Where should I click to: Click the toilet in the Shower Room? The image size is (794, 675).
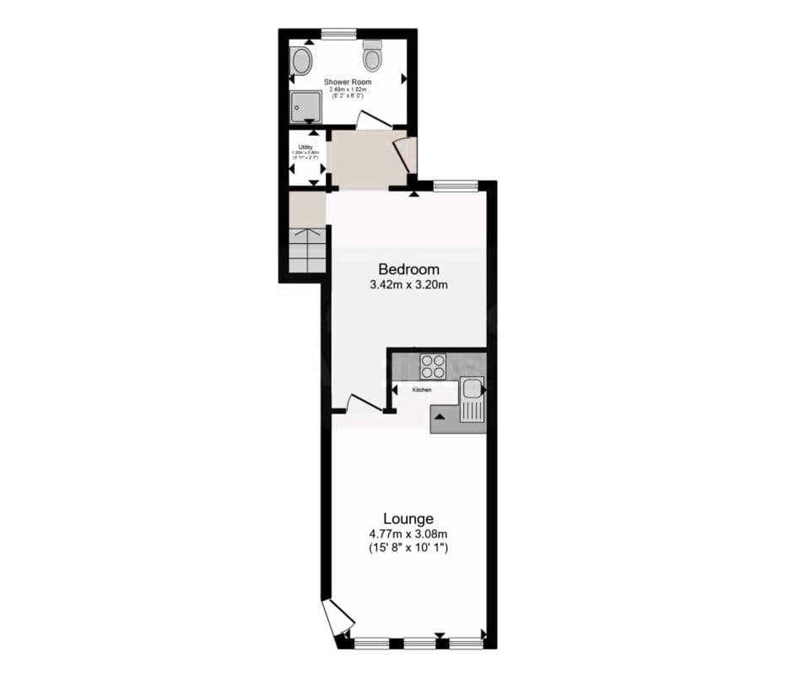[373, 57]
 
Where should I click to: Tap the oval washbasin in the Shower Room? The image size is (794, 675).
[301, 61]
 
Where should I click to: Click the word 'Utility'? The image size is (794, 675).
[305, 147]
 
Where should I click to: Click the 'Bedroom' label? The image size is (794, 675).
[408, 269]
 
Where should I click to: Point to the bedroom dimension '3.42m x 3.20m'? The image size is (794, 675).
[408, 285]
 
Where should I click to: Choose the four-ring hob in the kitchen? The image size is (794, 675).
[433, 365]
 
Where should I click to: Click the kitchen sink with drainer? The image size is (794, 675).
[472, 400]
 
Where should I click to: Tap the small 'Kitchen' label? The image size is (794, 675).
[422, 390]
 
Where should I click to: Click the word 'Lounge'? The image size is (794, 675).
[408, 518]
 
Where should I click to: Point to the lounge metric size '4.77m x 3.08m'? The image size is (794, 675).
[408, 533]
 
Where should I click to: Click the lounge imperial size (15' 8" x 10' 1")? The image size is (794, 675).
[408, 548]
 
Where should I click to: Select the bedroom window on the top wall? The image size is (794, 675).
[456, 185]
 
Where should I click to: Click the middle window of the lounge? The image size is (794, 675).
[419, 644]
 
